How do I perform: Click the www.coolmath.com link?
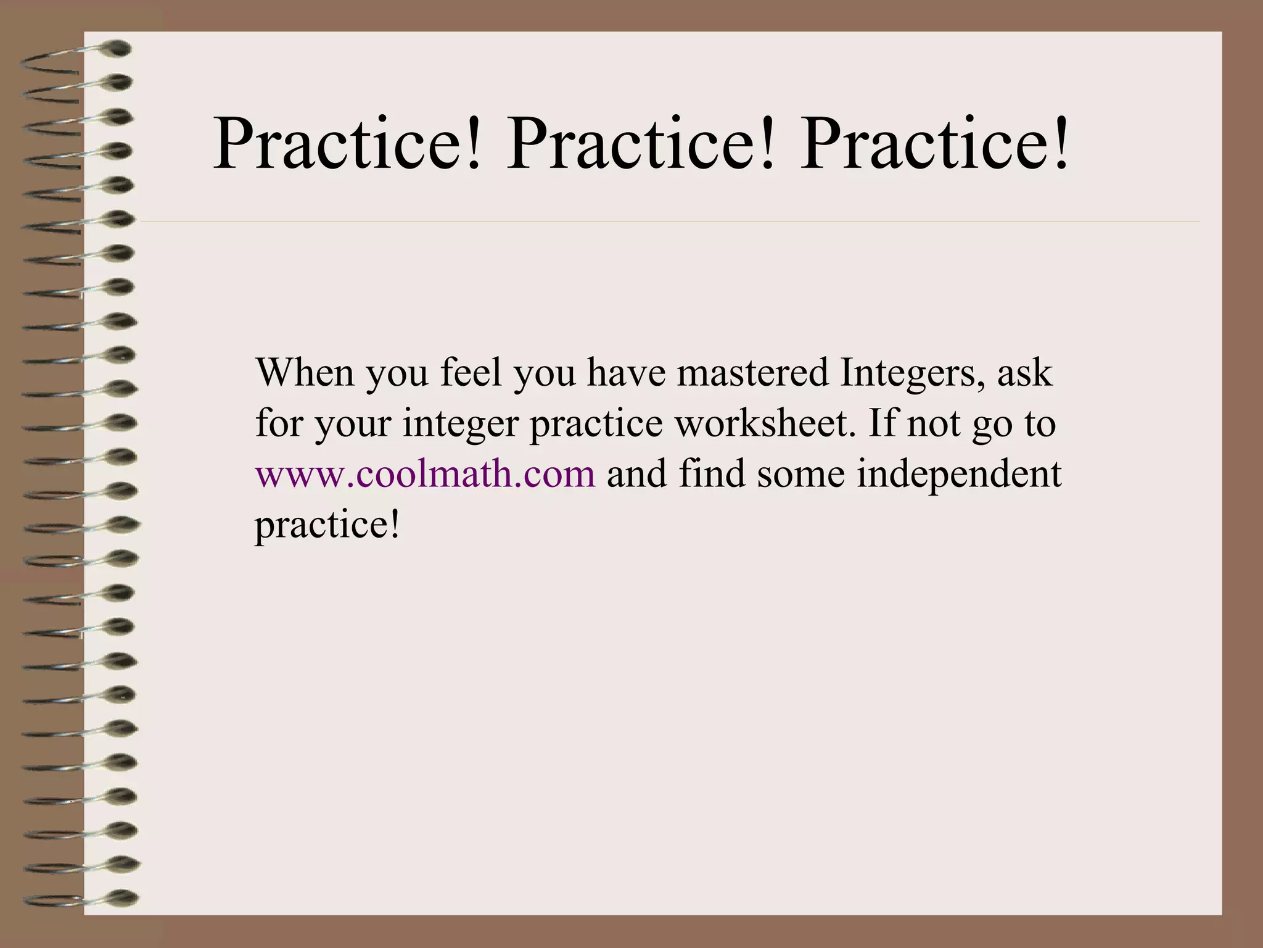tap(426, 475)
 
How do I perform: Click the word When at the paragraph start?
tap(305, 373)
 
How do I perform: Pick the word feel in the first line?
tap(471, 373)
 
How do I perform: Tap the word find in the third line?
tap(712, 474)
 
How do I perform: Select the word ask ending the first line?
tap(1024, 373)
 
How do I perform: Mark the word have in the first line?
tap(625, 373)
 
